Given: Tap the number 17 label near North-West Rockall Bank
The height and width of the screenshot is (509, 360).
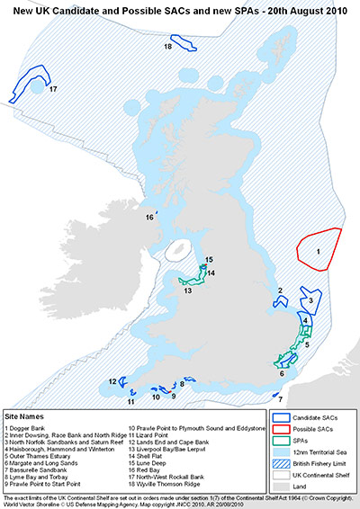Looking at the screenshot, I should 53,89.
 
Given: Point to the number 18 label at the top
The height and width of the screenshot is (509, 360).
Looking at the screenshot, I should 168,46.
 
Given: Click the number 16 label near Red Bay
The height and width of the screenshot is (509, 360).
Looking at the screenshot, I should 150,217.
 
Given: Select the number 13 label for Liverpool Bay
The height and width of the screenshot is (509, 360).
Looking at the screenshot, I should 188,291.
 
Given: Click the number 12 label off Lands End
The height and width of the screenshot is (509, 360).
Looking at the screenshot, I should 112,381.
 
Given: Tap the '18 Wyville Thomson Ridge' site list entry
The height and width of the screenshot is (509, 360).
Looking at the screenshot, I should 172,487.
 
